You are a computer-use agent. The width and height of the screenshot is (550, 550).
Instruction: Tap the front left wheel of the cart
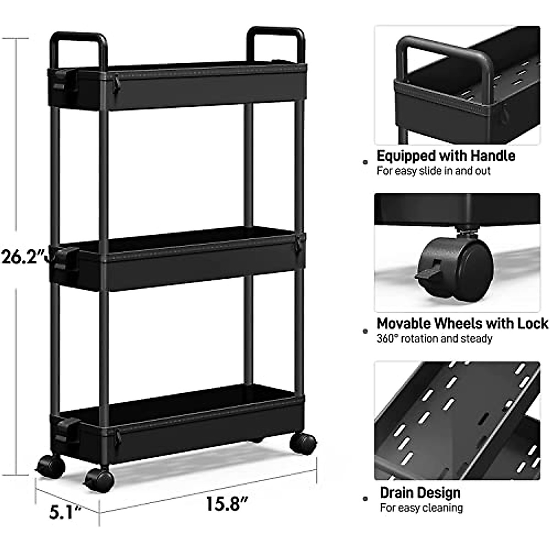click(51, 466)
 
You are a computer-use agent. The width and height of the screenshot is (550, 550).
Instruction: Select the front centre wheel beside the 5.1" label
click(99, 480)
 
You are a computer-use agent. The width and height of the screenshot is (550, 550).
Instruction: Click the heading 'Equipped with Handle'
click(445, 156)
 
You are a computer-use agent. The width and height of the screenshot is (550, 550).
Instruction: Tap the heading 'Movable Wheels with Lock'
click(462, 324)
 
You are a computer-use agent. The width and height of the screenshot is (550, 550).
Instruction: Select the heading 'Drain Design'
click(420, 493)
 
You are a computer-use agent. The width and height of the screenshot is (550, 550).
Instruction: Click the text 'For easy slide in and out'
click(433, 171)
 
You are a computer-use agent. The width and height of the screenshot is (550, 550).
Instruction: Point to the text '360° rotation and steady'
click(434, 339)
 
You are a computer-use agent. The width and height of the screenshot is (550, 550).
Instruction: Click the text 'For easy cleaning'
click(421, 508)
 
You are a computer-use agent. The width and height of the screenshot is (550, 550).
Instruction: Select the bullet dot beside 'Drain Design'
click(365, 499)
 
